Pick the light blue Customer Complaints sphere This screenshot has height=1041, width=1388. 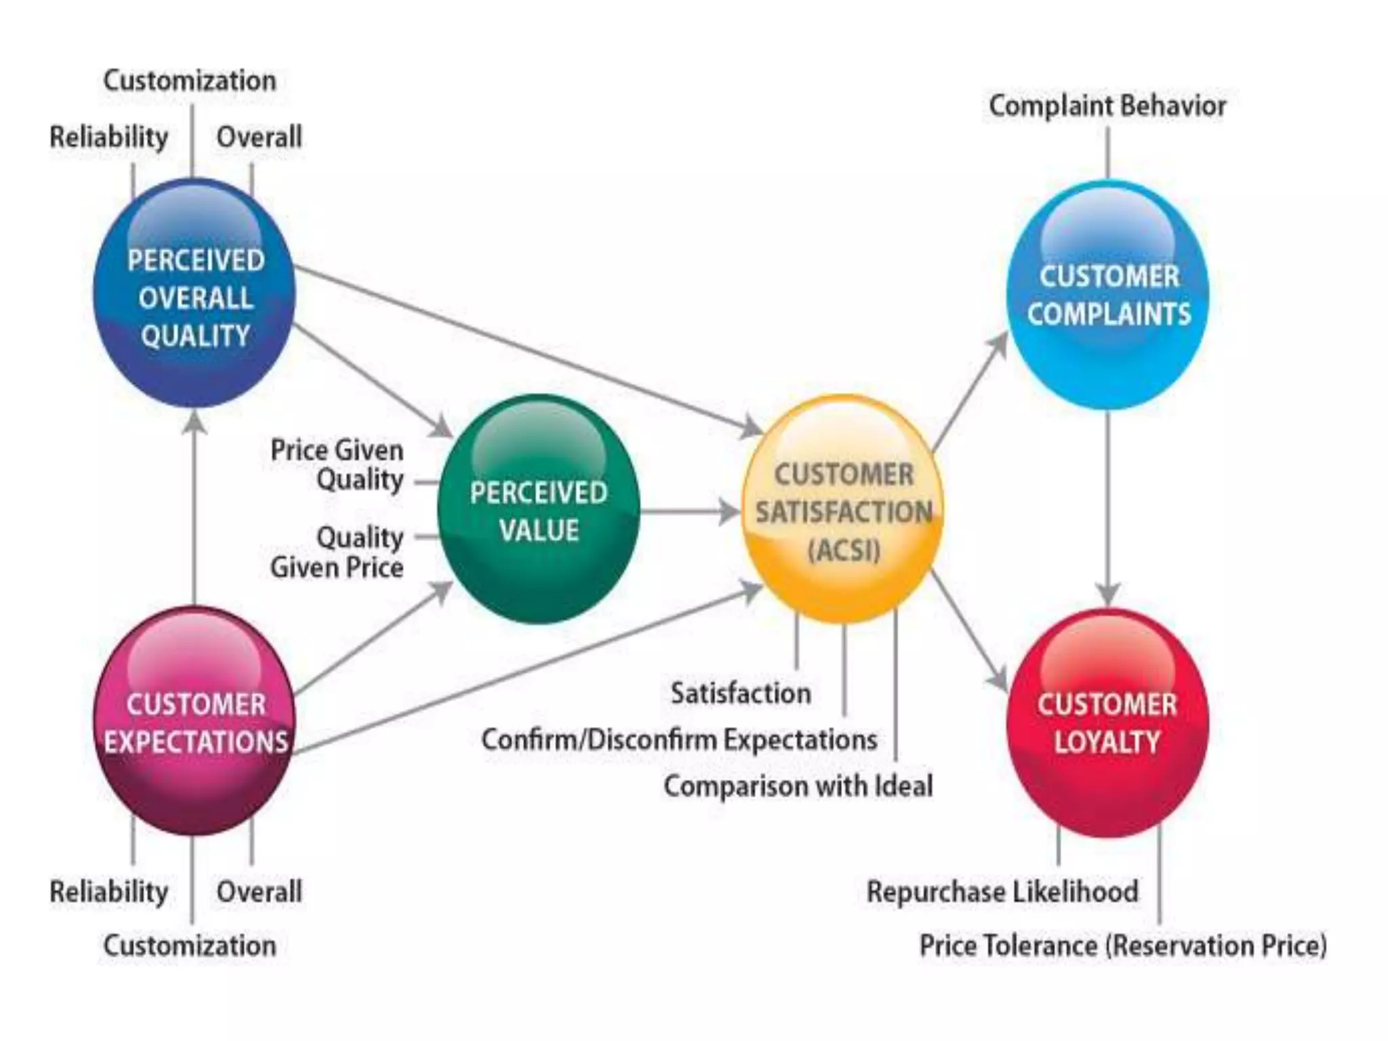click(x=1108, y=295)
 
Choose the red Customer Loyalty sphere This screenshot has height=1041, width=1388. click(x=1107, y=722)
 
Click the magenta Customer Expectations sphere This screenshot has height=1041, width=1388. click(x=195, y=721)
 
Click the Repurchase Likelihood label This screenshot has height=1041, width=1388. click(x=1002, y=892)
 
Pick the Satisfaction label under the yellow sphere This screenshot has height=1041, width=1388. click(x=741, y=693)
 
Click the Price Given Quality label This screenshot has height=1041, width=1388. click(x=338, y=465)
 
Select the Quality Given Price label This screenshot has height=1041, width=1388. click(x=338, y=552)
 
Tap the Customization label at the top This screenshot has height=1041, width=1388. click(x=190, y=81)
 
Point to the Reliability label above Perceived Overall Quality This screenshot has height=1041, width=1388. click(x=108, y=138)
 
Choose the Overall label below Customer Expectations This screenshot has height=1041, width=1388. click(x=259, y=892)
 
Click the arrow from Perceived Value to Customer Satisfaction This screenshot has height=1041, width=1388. click(x=688, y=512)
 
